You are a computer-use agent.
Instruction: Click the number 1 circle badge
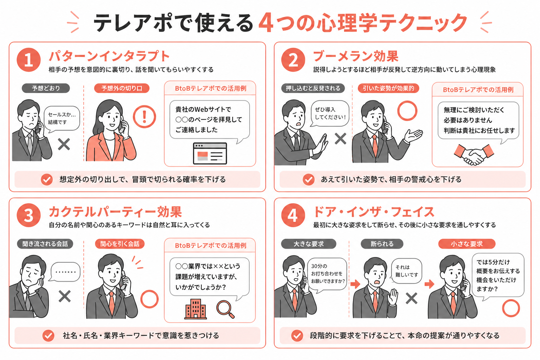click(28, 60)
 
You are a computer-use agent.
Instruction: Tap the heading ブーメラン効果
click(355, 56)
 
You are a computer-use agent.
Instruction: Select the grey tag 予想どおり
click(46, 88)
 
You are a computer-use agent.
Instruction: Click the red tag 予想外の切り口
click(122, 88)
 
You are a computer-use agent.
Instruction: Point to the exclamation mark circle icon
click(144, 117)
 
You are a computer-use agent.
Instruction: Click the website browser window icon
click(210, 154)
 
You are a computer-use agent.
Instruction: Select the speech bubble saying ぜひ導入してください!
click(330, 113)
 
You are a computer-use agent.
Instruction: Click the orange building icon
click(195, 309)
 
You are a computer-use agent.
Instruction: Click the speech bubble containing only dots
click(65, 272)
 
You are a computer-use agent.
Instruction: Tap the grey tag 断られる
click(382, 244)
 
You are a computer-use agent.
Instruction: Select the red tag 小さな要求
click(467, 244)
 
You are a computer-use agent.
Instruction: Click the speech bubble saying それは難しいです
click(406, 271)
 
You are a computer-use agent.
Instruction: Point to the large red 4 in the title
click(266, 23)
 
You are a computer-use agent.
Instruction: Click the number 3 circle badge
click(28, 216)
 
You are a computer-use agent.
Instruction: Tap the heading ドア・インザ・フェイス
click(374, 212)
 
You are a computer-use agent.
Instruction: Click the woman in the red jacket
click(110, 134)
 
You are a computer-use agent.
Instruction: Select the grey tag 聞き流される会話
click(45, 244)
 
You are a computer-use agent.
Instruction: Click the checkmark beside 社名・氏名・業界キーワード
click(48, 336)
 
